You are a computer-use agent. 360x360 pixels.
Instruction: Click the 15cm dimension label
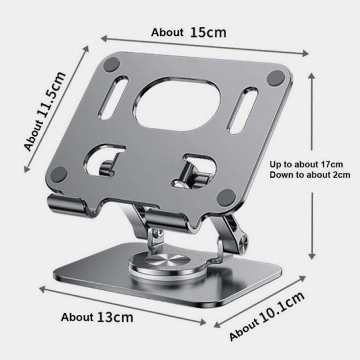(x=208, y=32)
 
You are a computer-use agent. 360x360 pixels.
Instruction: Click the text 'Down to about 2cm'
(x=309, y=175)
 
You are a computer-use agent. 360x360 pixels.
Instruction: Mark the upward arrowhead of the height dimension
(x=311, y=75)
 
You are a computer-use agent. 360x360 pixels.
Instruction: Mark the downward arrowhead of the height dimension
(x=311, y=256)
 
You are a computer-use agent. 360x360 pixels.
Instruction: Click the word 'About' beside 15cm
(x=167, y=33)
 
